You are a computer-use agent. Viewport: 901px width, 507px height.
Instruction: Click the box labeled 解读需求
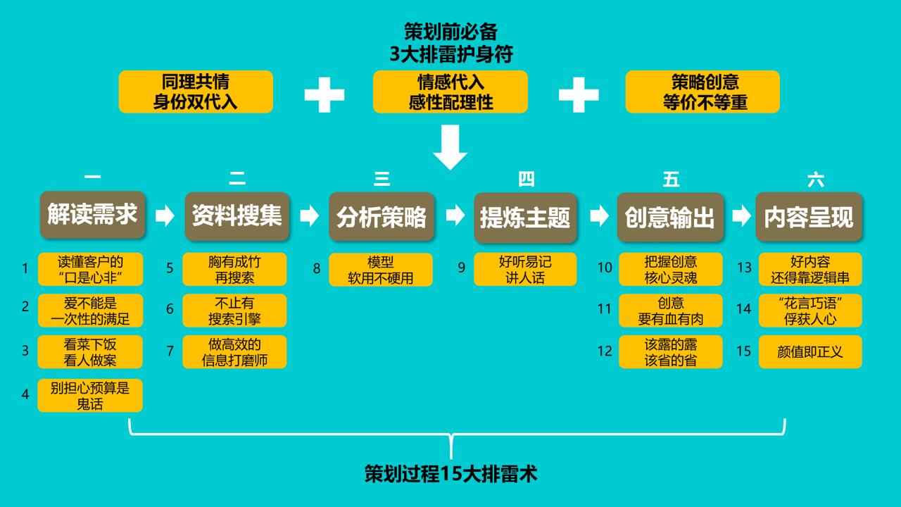click(x=92, y=215)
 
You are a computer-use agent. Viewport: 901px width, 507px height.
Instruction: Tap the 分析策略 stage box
click(x=382, y=216)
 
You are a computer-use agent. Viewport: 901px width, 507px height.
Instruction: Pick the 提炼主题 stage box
click(x=525, y=217)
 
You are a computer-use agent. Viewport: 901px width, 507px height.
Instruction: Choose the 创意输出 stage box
click(x=670, y=217)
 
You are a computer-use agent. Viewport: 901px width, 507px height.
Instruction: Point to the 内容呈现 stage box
click(x=809, y=217)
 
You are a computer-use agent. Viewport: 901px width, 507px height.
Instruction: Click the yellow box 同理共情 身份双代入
click(x=196, y=92)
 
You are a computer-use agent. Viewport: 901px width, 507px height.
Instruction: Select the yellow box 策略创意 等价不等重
click(x=702, y=92)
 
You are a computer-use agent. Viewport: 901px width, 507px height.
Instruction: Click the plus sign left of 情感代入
click(x=325, y=94)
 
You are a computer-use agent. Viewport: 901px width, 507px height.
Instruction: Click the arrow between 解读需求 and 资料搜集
click(x=165, y=215)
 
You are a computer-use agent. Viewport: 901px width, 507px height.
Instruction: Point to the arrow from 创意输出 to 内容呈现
click(x=741, y=215)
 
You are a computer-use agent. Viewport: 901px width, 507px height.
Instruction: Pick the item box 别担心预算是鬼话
click(x=90, y=396)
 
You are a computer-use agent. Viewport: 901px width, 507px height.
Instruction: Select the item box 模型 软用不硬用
click(x=381, y=270)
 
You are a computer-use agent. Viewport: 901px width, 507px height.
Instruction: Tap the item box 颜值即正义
click(x=810, y=351)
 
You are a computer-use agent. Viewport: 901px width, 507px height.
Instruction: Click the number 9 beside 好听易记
click(x=462, y=268)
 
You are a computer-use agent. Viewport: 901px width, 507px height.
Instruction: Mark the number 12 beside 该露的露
click(x=605, y=351)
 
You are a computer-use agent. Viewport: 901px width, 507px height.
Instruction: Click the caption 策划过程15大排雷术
click(x=450, y=474)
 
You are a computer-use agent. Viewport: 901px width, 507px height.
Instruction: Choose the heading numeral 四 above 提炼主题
click(x=526, y=180)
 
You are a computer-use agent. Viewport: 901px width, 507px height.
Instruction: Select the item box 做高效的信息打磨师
click(x=234, y=352)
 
